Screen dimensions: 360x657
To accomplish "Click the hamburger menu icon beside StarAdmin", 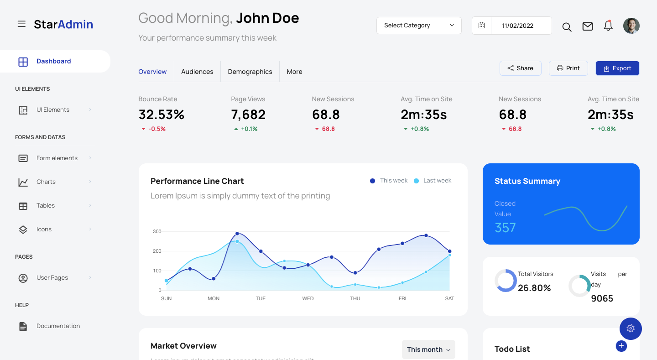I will [21, 24].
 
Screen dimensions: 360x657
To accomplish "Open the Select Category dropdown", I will [419, 26].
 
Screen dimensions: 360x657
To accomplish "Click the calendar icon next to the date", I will [481, 26].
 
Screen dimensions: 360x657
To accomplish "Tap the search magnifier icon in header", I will [567, 27].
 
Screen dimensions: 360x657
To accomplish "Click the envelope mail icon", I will [588, 26].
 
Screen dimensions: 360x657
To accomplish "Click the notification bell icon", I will [608, 26].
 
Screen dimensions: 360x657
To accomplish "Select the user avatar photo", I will [631, 26].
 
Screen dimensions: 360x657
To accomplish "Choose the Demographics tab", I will [250, 72].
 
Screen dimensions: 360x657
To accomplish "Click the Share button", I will [520, 68].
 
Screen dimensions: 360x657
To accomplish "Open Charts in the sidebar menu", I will [46, 182].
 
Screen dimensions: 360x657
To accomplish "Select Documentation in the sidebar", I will [58, 326].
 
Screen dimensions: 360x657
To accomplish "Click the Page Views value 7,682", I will [248, 115].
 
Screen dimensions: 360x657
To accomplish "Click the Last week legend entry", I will [437, 181].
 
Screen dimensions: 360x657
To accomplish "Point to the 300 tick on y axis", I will [157, 231].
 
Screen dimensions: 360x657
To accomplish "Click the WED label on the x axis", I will [308, 298].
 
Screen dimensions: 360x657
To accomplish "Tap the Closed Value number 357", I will [505, 228].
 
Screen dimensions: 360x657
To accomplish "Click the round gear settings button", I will [631, 329].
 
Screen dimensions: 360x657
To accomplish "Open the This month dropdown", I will [428, 350].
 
